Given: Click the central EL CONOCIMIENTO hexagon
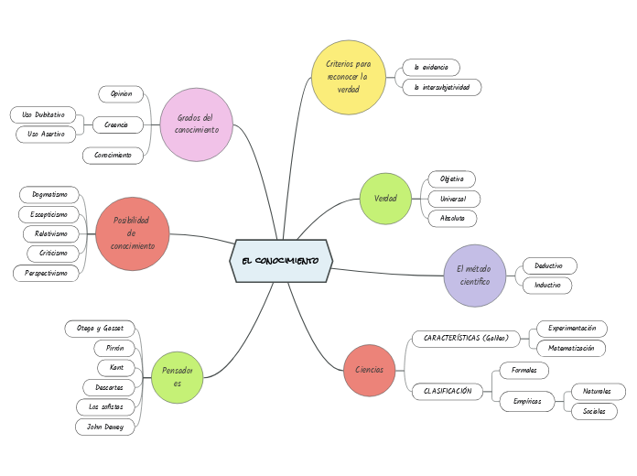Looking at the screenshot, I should coord(280,261).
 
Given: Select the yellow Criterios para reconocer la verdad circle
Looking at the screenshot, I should coord(349,77).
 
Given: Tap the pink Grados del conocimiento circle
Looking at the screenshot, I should coord(196,124).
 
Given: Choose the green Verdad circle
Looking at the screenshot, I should coord(385,199).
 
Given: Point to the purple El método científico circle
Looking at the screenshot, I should coord(475,275).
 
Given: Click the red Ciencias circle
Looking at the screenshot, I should coord(370,369).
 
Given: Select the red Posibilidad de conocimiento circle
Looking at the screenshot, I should coord(133,233).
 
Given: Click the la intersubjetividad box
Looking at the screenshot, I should coord(441,87).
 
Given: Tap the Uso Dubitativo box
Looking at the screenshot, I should coord(44,114).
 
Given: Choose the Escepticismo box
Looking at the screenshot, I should coord(49,214).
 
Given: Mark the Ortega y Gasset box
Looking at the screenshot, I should coord(101,328).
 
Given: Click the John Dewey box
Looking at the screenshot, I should coord(105,427).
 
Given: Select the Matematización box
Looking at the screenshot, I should coord(571,348).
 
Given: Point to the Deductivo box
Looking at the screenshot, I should coord(549,265).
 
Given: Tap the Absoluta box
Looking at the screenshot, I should coord(452,218).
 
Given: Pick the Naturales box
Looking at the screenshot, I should coord(598,391).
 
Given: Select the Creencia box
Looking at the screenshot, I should coord(117,124).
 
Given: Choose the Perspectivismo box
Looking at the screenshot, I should coord(46,273).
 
